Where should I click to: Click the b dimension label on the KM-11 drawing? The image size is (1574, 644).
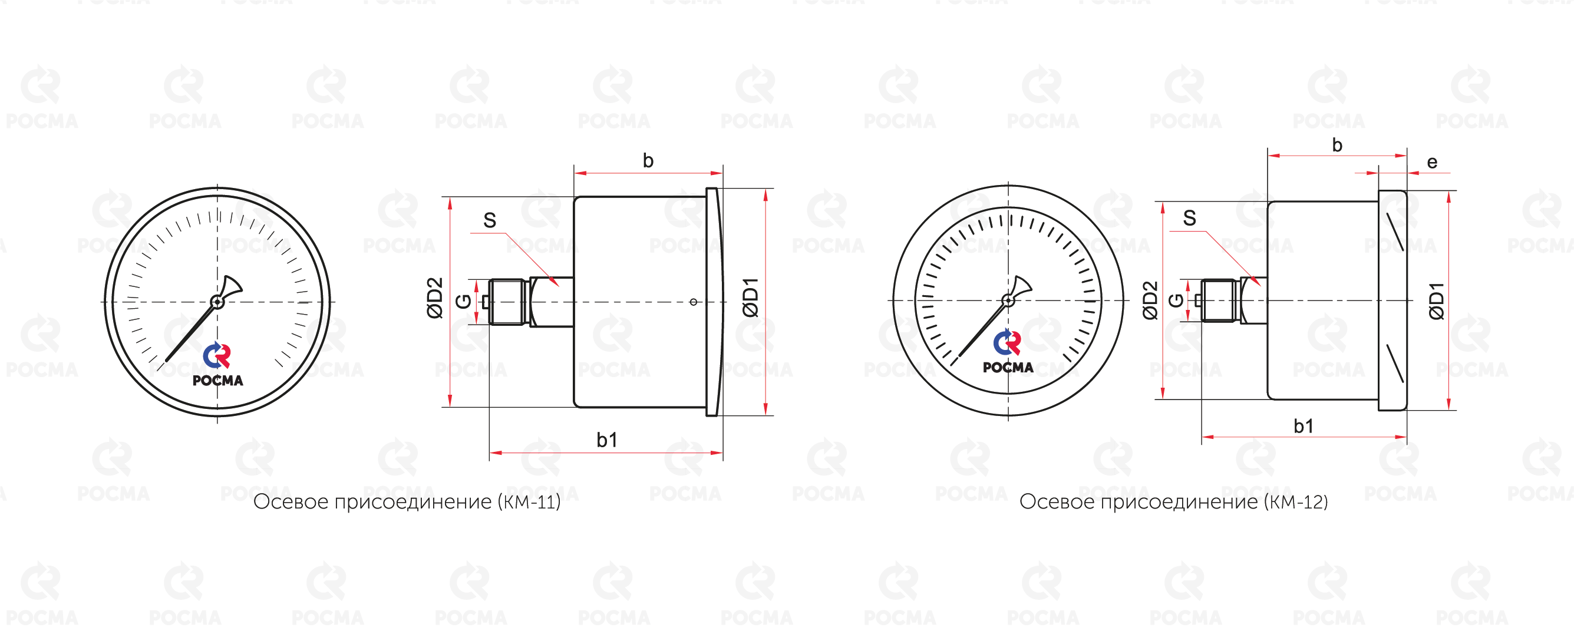click(648, 161)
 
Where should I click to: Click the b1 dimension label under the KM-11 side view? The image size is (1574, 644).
click(607, 440)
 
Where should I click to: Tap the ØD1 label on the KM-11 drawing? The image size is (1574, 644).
click(750, 297)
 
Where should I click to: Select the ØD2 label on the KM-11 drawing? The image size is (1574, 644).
click(434, 298)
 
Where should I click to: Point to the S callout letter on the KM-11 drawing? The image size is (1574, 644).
click(490, 220)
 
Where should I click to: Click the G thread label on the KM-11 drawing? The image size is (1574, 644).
click(464, 300)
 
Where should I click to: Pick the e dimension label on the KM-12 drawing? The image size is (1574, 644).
click(1431, 163)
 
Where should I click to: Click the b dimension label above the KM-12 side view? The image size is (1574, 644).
click(1337, 146)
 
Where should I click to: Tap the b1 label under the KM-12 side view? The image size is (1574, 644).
click(1304, 426)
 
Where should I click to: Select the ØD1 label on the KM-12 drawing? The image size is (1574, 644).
click(1437, 300)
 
